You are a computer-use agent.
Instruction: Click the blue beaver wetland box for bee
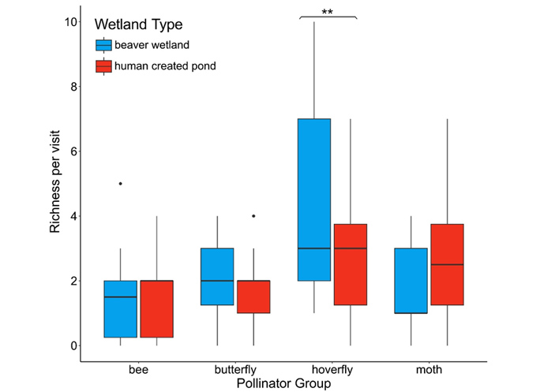coord(120,309)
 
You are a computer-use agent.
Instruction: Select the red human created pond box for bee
coord(156,309)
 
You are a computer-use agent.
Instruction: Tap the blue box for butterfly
coord(218,276)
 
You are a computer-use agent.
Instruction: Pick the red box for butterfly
coord(253,297)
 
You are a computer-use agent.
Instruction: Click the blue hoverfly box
coord(314,200)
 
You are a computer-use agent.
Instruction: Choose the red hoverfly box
coord(350,264)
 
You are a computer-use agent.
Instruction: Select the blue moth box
coord(411,281)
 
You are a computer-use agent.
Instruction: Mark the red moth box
coord(447,264)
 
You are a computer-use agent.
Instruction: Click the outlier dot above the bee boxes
coord(120,183)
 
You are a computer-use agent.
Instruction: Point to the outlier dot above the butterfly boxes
coord(253,215)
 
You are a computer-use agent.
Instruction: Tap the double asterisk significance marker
coord(328,12)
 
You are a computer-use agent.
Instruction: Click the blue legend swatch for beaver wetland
coord(103,45)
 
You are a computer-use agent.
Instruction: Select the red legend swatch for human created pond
coord(103,66)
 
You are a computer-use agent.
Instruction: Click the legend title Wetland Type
coord(138,24)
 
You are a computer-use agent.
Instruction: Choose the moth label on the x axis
coord(429,369)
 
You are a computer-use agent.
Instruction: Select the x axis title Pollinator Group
coord(283,383)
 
